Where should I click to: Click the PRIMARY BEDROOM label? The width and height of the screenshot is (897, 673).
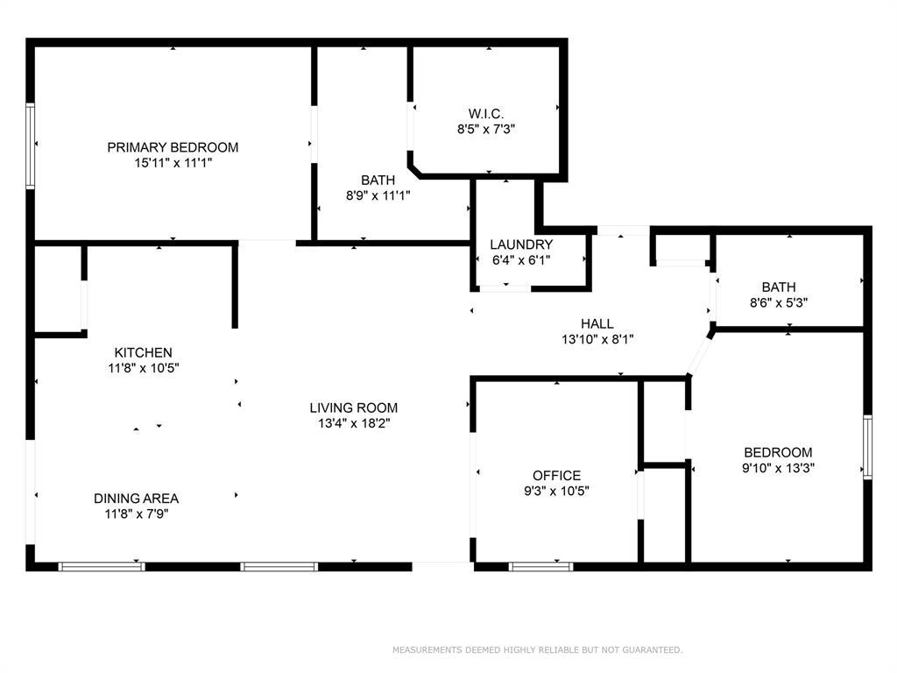(173, 147)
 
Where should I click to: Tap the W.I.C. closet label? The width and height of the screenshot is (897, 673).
(485, 113)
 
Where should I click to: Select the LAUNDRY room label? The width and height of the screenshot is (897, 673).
(521, 244)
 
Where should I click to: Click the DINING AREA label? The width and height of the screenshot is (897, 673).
(136, 498)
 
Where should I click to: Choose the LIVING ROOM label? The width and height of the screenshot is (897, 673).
(353, 407)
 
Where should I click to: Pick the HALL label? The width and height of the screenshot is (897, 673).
(597, 323)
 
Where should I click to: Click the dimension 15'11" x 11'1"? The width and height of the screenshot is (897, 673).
(173, 163)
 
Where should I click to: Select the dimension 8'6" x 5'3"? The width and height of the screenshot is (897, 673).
(779, 302)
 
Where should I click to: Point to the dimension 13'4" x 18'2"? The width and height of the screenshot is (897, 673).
(353, 423)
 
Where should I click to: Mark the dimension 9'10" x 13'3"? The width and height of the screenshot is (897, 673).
(778, 468)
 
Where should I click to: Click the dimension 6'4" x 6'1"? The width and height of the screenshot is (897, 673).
(521, 259)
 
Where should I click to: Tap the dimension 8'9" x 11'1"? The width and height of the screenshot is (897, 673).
(378, 195)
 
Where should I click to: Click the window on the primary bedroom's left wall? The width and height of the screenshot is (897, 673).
(30, 145)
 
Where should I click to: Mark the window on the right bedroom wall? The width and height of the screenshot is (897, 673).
(867, 447)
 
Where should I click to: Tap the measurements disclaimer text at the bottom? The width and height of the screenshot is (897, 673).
(536, 650)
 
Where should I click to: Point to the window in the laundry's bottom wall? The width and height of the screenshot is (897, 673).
(505, 287)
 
